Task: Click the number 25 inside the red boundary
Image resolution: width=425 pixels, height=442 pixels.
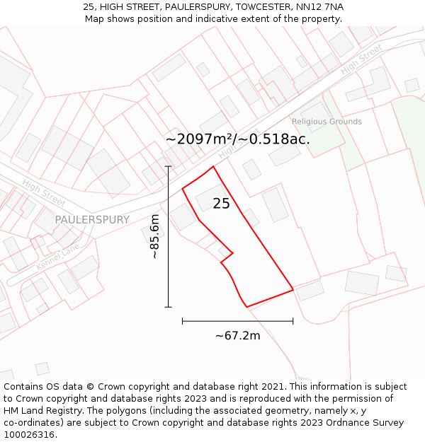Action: click(x=221, y=204)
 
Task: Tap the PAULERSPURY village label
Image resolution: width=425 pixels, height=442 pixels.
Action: click(x=92, y=220)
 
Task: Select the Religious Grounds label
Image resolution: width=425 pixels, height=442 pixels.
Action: click(x=327, y=122)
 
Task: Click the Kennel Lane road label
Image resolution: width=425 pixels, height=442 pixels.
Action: click(x=58, y=258)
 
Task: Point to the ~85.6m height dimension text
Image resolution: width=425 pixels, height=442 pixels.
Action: click(x=154, y=236)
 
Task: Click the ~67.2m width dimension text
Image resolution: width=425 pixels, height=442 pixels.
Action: click(x=237, y=335)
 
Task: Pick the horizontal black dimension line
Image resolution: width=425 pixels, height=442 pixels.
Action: click(x=237, y=321)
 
